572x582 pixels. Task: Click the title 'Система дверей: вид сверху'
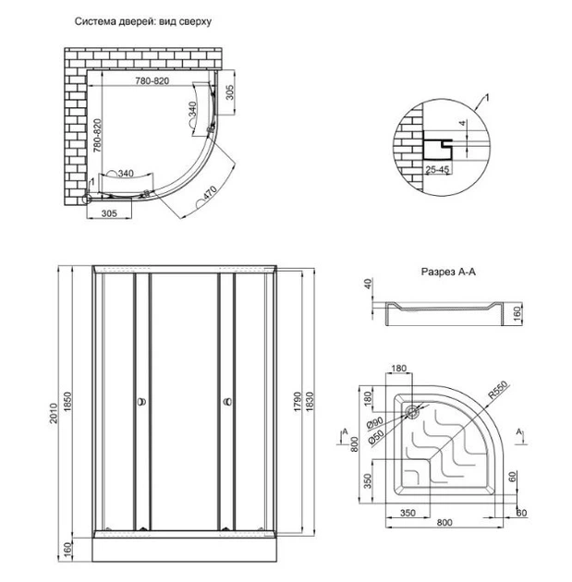[143, 21]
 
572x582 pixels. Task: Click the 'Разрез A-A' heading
[448, 272]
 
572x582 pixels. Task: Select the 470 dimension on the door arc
[210, 193]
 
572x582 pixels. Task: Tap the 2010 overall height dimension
[54, 413]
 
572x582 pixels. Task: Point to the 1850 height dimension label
[67, 402]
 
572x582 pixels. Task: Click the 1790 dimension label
[298, 402]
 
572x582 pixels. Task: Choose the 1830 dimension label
[310, 402]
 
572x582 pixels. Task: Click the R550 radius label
[497, 390]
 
